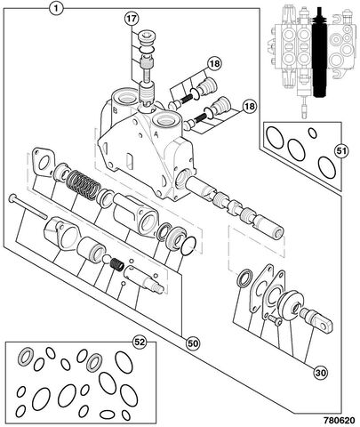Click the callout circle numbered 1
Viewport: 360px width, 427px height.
(x=56, y=8)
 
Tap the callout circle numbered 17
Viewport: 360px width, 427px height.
(x=132, y=19)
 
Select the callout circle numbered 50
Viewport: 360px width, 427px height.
(x=193, y=343)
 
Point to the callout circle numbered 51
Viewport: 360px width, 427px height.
(x=341, y=151)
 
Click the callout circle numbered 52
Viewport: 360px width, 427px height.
(x=140, y=342)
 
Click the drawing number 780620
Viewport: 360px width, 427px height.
(x=339, y=420)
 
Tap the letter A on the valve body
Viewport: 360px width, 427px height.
(x=156, y=134)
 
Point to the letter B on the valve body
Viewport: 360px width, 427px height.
(x=116, y=110)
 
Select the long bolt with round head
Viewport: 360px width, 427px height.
(x=28, y=206)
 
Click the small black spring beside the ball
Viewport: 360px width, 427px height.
(x=117, y=264)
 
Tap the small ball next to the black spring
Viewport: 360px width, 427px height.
(x=106, y=259)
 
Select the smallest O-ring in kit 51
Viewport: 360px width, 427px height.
(x=312, y=133)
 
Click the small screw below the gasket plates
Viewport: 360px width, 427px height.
(x=276, y=320)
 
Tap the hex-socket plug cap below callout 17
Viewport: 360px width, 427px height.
(x=148, y=38)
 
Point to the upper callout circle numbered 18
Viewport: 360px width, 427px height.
(x=214, y=63)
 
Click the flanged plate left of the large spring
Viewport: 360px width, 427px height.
(x=44, y=162)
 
